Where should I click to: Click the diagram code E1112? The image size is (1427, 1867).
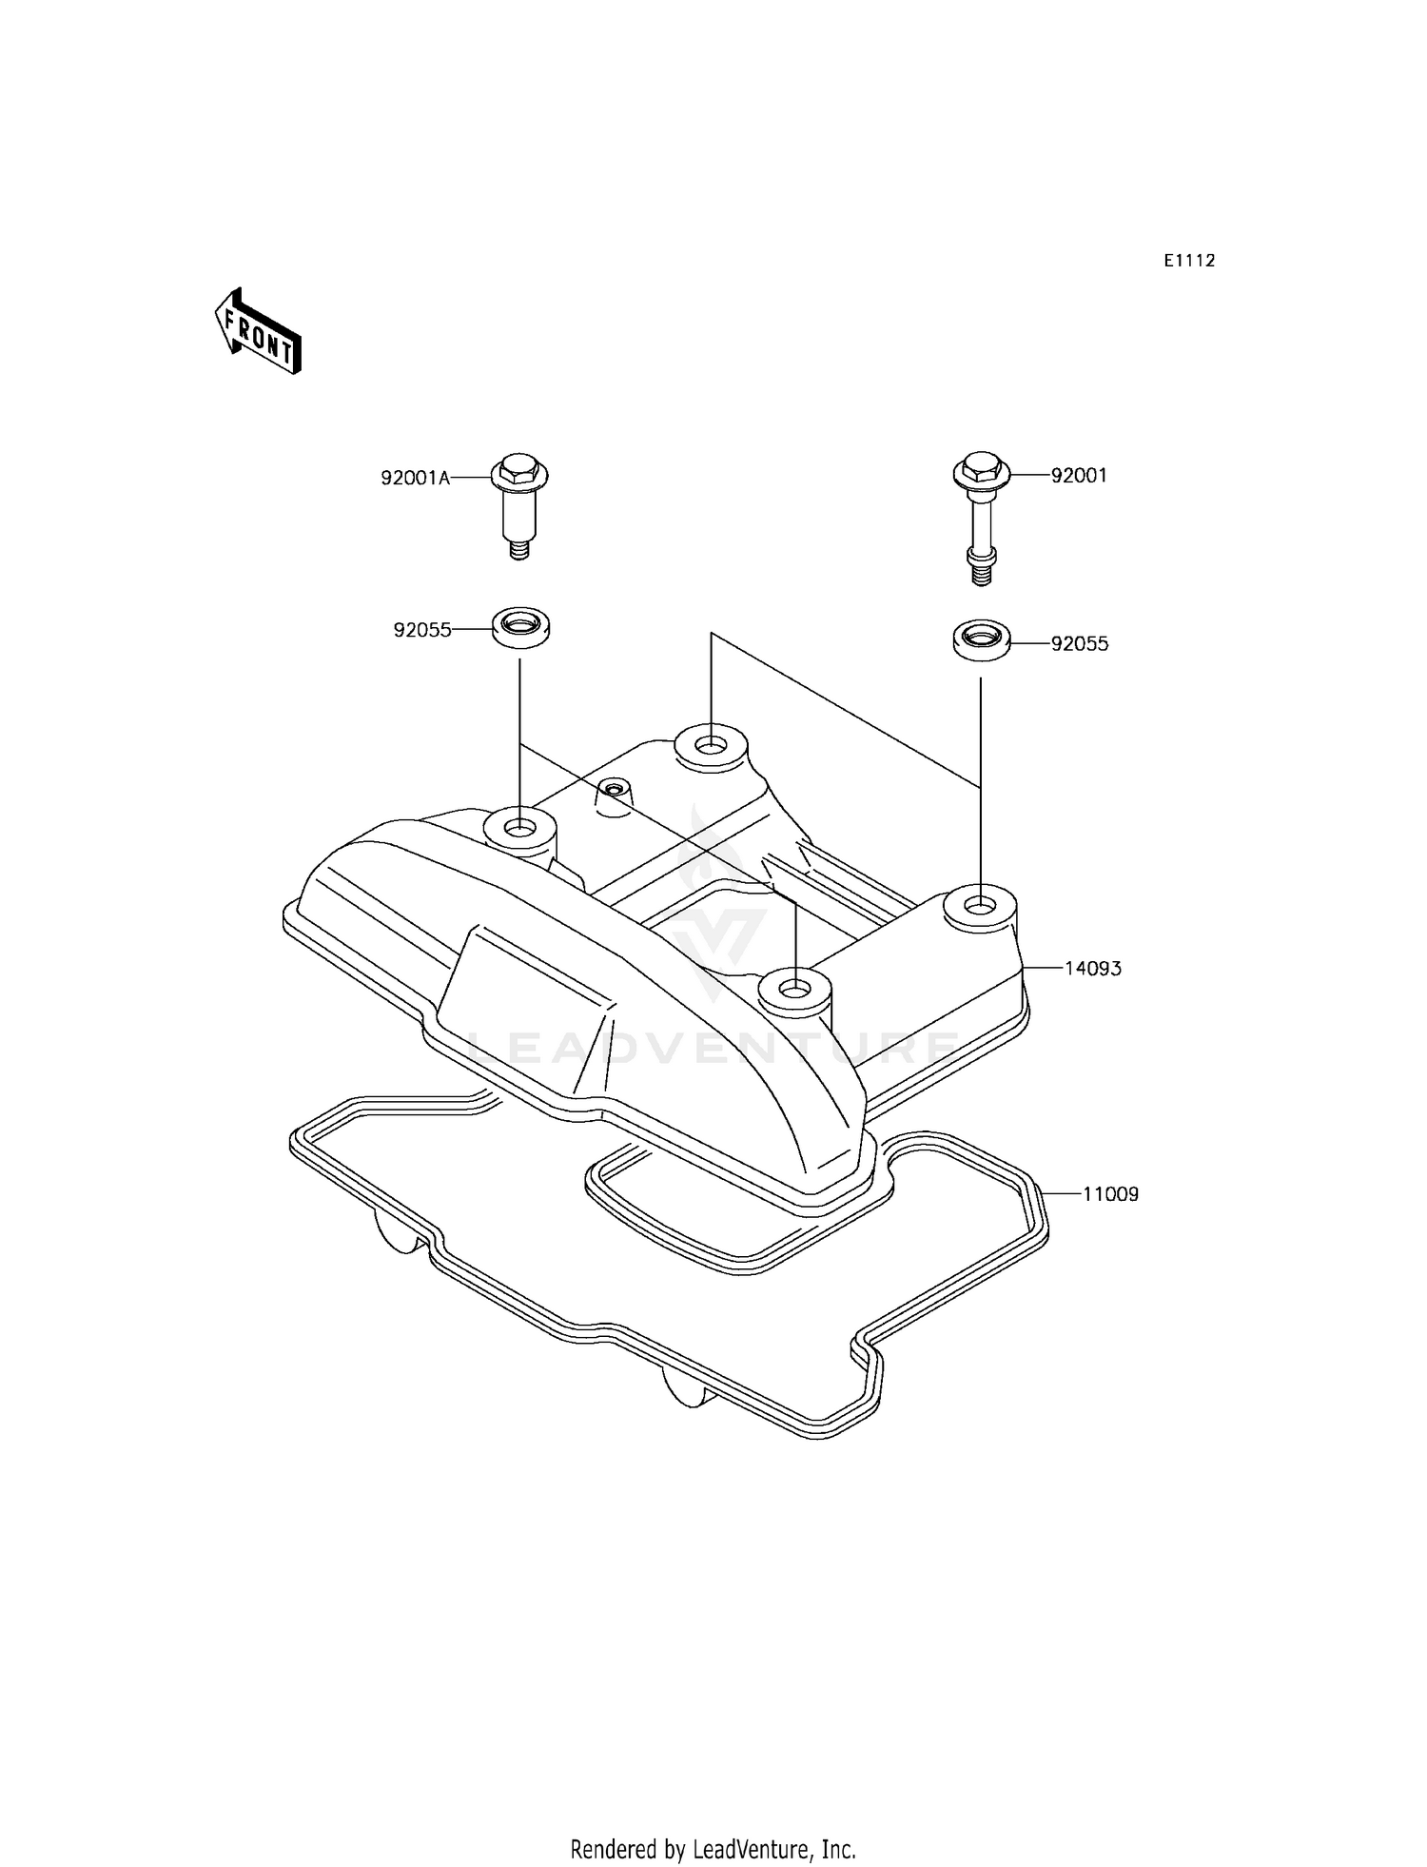pos(1189,261)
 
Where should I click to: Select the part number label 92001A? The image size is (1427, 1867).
pos(415,479)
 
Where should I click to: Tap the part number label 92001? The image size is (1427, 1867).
pos(1079,476)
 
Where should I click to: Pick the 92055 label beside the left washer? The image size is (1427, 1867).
pos(422,630)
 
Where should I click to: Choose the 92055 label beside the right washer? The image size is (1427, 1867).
pos(1080,643)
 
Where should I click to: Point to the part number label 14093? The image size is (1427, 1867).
pos(1092,969)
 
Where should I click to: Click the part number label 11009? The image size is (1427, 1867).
pos(1109,1193)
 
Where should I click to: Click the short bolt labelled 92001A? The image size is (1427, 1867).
pos(519,504)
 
